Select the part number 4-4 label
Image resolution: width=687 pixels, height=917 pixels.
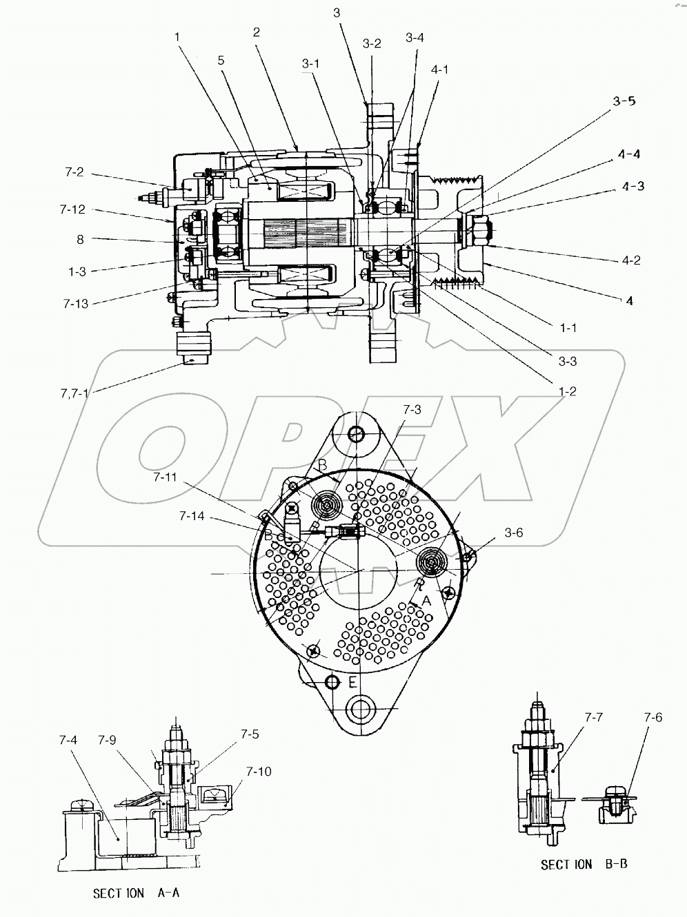click(x=628, y=154)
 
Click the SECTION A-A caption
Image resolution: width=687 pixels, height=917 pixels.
click(x=137, y=893)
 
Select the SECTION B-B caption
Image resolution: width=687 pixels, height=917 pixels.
click(x=584, y=864)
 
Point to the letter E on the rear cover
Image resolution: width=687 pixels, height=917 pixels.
click(x=352, y=683)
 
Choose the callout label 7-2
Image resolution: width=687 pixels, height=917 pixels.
click(x=75, y=172)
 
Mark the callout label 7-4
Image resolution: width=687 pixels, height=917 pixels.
click(x=68, y=741)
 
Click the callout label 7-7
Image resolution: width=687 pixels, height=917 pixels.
click(x=593, y=717)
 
